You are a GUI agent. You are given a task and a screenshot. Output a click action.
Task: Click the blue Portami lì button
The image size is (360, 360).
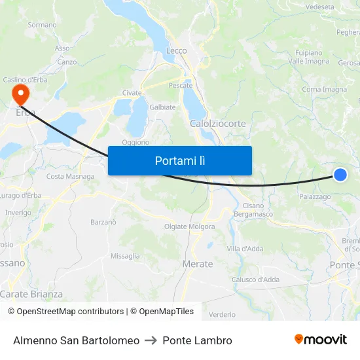pyautogui.click(x=179, y=160)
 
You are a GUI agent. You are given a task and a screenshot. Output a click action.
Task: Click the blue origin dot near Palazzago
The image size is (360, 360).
pyautogui.click(x=340, y=174)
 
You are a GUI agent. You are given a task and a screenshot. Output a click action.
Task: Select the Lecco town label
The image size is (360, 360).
pyautogui.click(x=177, y=50)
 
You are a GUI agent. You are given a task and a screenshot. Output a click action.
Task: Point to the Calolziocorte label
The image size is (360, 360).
pyautogui.click(x=218, y=123)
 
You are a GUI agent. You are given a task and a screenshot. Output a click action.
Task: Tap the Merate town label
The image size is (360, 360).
pyautogui.click(x=197, y=264)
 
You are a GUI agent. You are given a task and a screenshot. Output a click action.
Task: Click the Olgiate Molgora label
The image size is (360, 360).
pyautogui.click(x=189, y=227)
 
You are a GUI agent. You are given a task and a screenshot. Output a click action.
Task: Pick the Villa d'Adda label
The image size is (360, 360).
pyautogui.click(x=245, y=249)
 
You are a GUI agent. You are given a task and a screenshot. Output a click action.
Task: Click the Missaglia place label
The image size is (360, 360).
pyautogui.click(x=125, y=256)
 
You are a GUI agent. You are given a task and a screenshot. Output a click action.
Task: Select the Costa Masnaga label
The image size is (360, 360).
pyautogui.click(x=70, y=176)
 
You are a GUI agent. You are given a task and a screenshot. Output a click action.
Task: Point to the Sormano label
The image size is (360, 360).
pyautogui.click(x=43, y=25)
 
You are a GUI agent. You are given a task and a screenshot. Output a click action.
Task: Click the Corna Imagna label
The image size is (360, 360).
pyautogui.click(x=325, y=90)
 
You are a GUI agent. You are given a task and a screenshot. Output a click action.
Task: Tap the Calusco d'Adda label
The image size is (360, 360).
pyautogui.click(x=256, y=279)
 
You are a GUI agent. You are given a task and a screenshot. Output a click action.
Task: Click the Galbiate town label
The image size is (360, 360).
pyautogui.click(x=163, y=107)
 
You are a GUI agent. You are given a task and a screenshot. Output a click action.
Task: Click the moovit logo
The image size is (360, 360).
pyautogui.click(x=320, y=340)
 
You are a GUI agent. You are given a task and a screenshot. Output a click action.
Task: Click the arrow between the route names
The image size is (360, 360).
pyautogui.click(x=151, y=340)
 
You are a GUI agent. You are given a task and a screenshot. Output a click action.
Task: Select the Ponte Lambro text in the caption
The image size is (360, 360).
pyautogui.click(x=197, y=340)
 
